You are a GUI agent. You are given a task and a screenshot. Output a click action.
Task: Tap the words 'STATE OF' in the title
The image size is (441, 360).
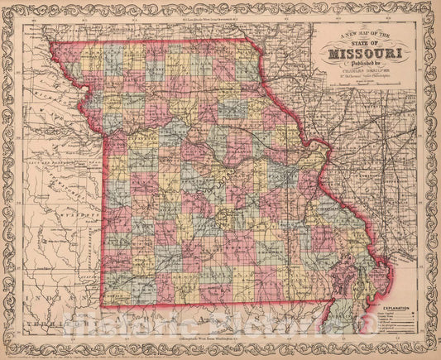(364, 42)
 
